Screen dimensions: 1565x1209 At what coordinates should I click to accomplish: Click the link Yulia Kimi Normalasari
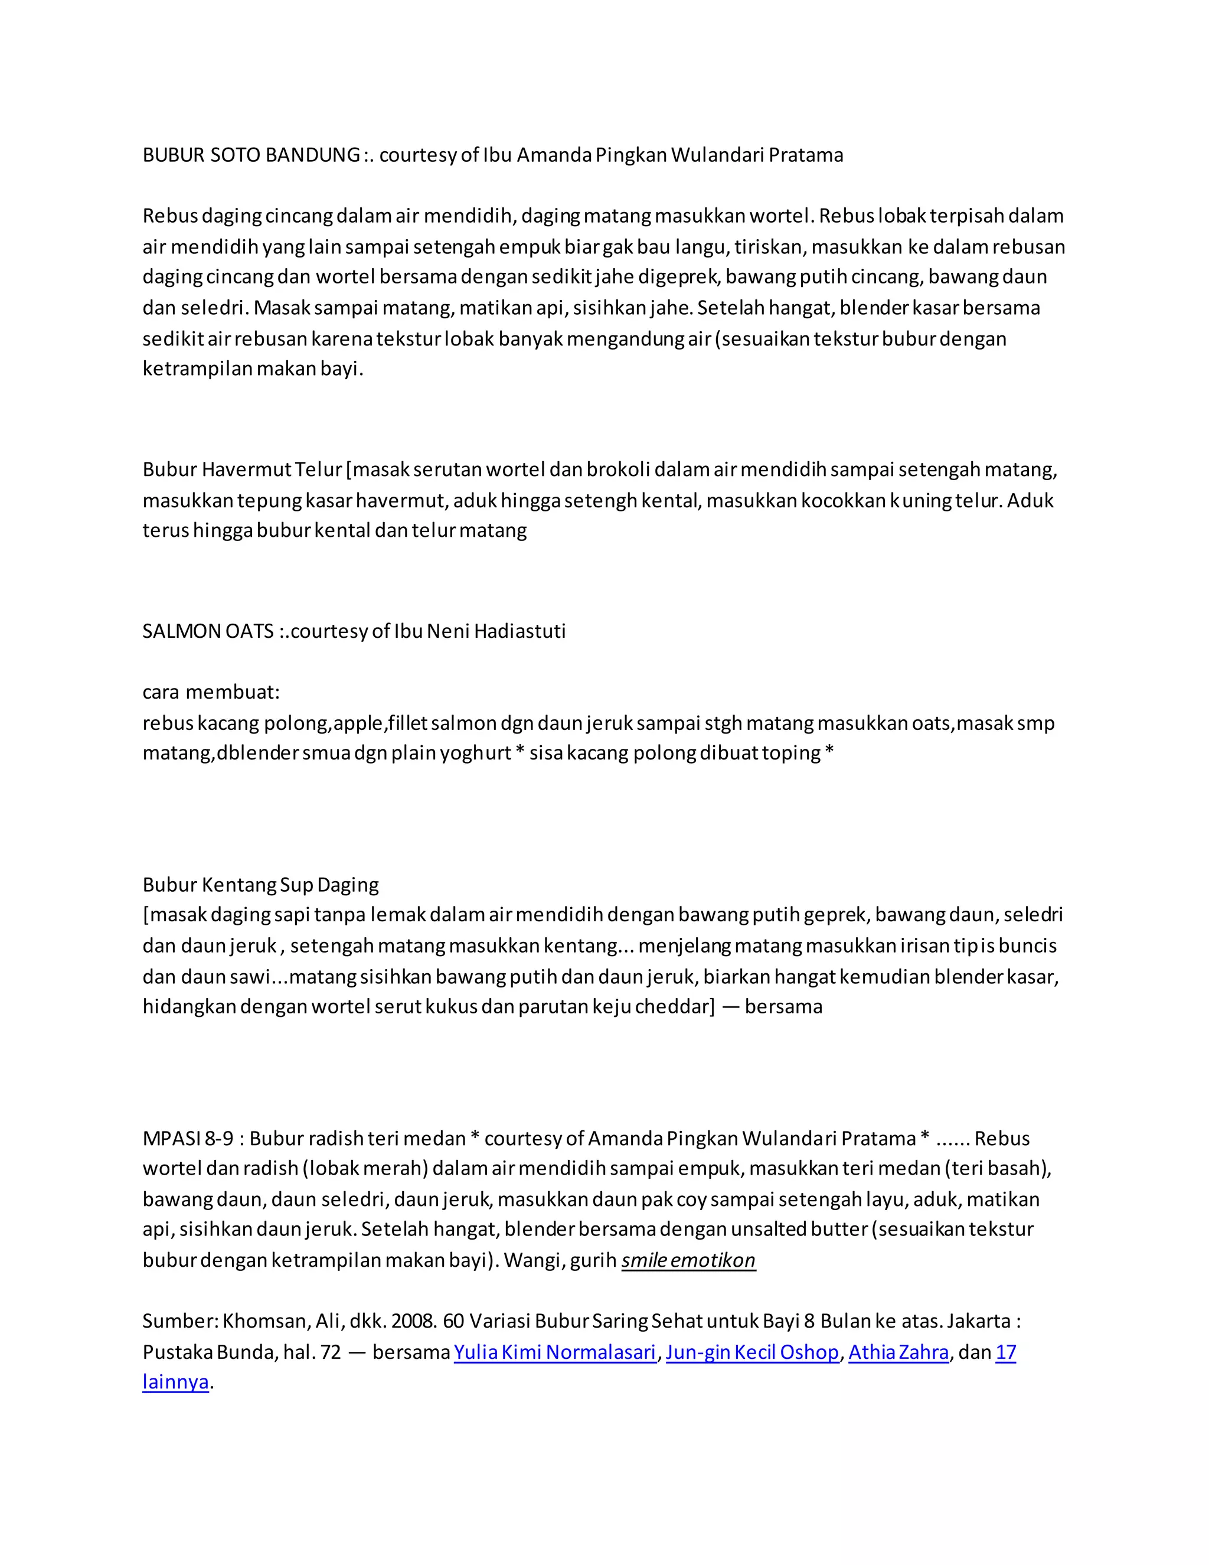(554, 1352)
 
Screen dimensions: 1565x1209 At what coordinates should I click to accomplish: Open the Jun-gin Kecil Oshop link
(752, 1352)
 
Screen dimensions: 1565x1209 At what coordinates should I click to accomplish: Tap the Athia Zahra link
(898, 1352)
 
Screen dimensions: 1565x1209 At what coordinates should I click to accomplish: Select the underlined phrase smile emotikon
(688, 1260)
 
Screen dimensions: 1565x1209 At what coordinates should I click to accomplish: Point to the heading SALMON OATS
(208, 631)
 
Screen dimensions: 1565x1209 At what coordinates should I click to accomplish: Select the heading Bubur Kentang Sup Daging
(261, 885)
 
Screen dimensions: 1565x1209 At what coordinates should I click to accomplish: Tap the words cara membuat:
(211, 692)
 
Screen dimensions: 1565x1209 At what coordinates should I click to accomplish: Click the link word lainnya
(175, 1383)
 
